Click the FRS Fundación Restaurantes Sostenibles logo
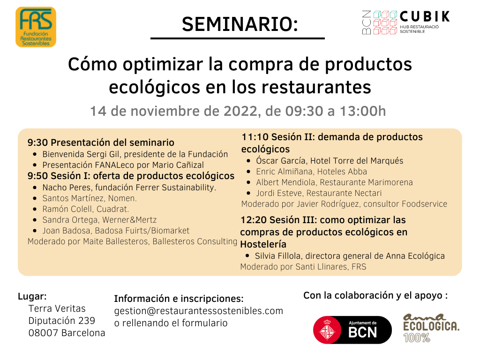click(x=36, y=27)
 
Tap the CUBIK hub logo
click(x=406, y=22)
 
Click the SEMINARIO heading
click(x=240, y=24)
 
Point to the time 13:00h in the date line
click(x=363, y=111)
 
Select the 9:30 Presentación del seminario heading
click(x=101, y=142)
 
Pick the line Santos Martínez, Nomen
click(x=90, y=198)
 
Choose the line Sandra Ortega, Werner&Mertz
click(x=99, y=220)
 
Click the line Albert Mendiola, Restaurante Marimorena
click(x=334, y=182)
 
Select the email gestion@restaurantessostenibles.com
click(x=199, y=311)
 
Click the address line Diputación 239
click(x=61, y=321)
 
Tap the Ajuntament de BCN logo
click(x=352, y=330)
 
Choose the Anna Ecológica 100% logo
click(x=431, y=328)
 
